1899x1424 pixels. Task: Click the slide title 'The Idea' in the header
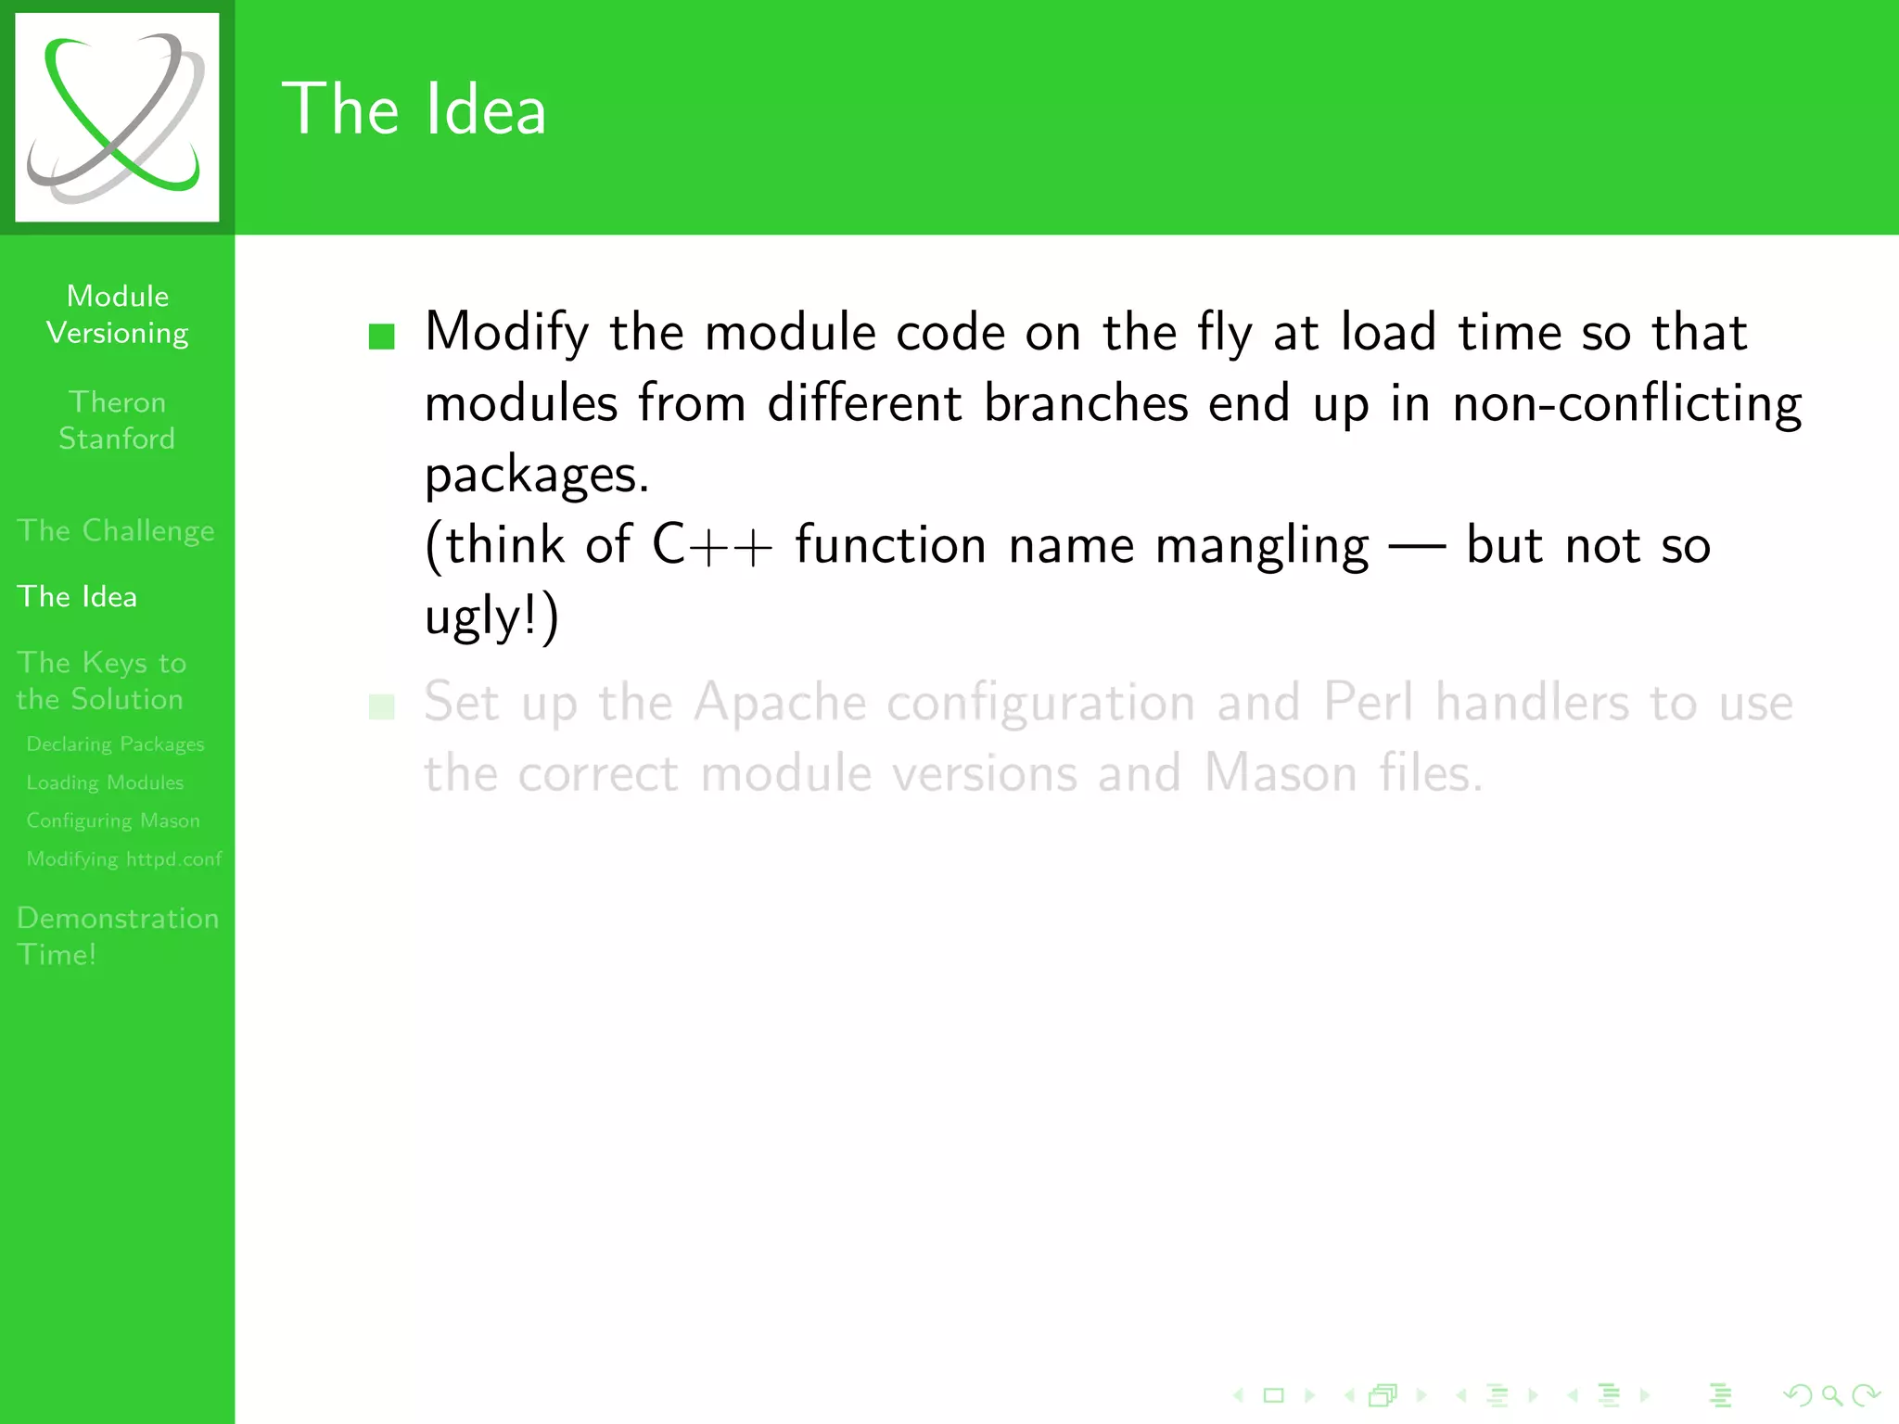[x=414, y=109]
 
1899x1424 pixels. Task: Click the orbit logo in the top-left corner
[x=117, y=117]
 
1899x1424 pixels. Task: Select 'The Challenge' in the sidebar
[x=116, y=530]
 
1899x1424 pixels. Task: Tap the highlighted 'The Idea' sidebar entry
[x=77, y=596]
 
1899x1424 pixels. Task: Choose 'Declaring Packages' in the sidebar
[x=115, y=744]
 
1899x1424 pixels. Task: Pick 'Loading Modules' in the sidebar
[x=105, y=782]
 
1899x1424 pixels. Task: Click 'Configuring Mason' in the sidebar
[x=113, y=820]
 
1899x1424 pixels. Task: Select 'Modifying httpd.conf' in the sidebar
[x=124, y=858]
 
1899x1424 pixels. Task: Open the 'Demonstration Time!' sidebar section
[x=118, y=935]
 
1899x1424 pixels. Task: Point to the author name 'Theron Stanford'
[x=117, y=420]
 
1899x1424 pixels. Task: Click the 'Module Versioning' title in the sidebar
[x=118, y=314]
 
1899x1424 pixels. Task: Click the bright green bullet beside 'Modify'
[x=382, y=336]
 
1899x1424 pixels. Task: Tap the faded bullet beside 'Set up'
[x=382, y=707]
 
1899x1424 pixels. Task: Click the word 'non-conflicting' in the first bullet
[x=1627, y=404]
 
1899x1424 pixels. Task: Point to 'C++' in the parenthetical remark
[x=712, y=544]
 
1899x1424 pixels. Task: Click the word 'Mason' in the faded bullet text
[x=1281, y=773]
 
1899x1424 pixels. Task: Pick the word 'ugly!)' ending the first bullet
[x=491, y=617]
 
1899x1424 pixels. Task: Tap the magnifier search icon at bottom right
[x=1831, y=1394]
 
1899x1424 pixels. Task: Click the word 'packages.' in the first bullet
[x=537, y=476]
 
